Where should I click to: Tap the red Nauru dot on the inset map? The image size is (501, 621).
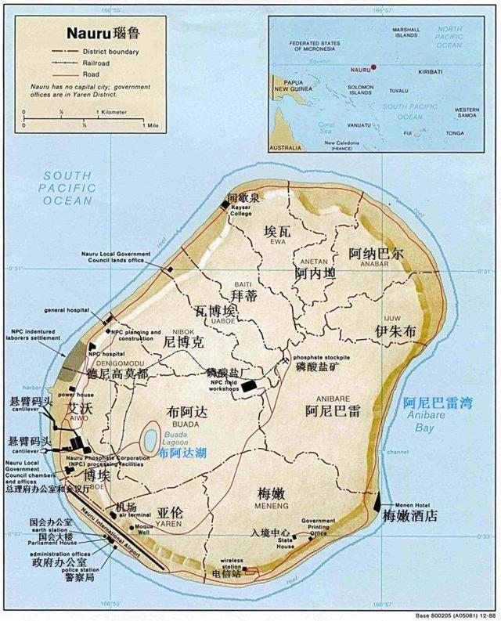pyautogui.click(x=374, y=67)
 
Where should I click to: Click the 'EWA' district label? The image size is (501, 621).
pyautogui.click(x=276, y=242)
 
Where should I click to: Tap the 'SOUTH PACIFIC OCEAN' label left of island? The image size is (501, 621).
pyautogui.click(x=68, y=188)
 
